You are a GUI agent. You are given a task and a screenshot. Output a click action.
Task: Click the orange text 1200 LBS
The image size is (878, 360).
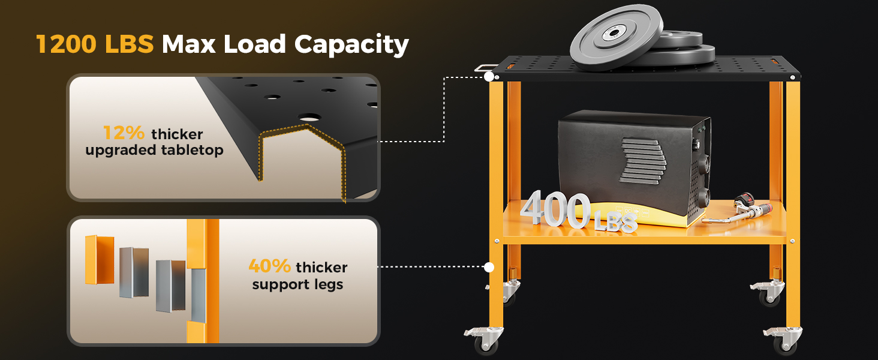(x=95, y=44)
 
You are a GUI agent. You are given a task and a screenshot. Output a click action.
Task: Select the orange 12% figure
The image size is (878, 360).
(x=124, y=133)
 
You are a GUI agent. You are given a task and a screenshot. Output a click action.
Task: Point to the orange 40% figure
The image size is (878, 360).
(x=269, y=266)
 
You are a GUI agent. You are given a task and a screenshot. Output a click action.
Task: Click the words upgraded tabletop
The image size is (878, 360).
(x=154, y=149)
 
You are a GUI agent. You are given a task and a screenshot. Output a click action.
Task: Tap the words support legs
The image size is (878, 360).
(x=297, y=284)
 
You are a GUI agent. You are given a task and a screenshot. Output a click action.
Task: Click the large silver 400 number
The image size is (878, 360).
(x=555, y=210)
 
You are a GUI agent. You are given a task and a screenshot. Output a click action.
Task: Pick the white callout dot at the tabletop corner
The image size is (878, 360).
(x=489, y=77)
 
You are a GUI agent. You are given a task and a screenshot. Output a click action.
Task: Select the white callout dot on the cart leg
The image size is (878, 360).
(x=489, y=267)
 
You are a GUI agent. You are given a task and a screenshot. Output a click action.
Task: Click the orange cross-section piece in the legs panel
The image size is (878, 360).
(x=99, y=259)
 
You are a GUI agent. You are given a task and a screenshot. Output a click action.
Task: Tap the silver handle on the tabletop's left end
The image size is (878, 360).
(x=485, y=68)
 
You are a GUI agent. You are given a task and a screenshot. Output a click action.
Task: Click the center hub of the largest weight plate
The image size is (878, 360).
(x=612, y=34)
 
